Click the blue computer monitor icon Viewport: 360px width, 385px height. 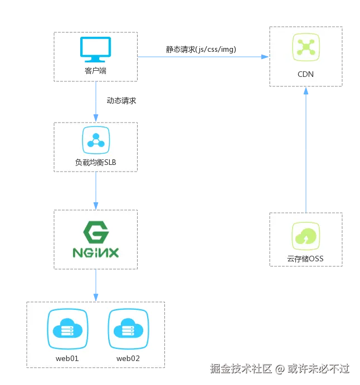(x=95, y=50)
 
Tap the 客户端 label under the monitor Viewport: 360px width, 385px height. (x=95, y=71)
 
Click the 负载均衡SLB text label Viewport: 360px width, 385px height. (x=95, y=162)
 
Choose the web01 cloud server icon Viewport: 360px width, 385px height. (x=66, y=328)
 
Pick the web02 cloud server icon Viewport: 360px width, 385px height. (x=127, y=328)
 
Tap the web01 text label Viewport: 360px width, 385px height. (x=66, y=358)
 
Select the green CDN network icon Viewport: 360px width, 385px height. (x=305, y=47)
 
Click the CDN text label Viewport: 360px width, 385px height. (x=305, y=74)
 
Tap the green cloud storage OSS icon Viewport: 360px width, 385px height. (x=305, y=236)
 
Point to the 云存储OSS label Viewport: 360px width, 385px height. (x=305, y=259)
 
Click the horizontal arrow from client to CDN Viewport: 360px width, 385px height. (x=203, y=56)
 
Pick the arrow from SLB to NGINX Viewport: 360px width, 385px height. (x=95, y=191)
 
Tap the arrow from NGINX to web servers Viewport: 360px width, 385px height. (x=95, y=285)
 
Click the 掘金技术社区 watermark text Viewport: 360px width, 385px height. (x=240, y=368)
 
